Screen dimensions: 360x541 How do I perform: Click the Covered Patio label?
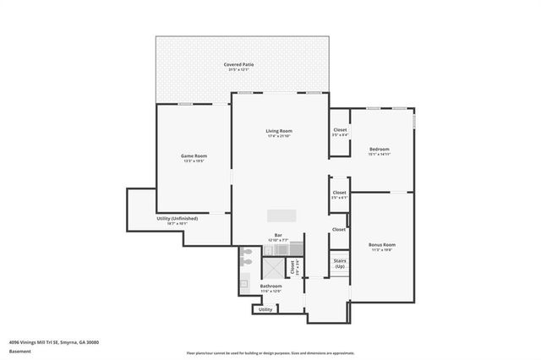(239, 64)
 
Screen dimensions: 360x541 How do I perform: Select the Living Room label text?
(279, 131)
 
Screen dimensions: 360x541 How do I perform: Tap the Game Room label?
(194, 156)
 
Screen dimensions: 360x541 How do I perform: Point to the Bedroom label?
(379, 149)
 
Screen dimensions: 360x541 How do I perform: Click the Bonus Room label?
(382, 245)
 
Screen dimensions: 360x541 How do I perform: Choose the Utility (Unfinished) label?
(178, 218)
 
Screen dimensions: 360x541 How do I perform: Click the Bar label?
(278, 235)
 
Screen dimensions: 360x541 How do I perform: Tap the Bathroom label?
(271, 286)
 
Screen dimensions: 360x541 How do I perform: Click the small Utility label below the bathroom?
(265, 309)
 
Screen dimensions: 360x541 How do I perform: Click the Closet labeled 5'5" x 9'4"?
(340, 129)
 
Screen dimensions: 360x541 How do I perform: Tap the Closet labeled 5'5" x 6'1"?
(339, 193)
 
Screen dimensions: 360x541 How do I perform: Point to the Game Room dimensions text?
(194, 161)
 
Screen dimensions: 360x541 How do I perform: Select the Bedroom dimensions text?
(379, 155)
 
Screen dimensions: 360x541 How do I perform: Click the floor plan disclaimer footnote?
(270, 352)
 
